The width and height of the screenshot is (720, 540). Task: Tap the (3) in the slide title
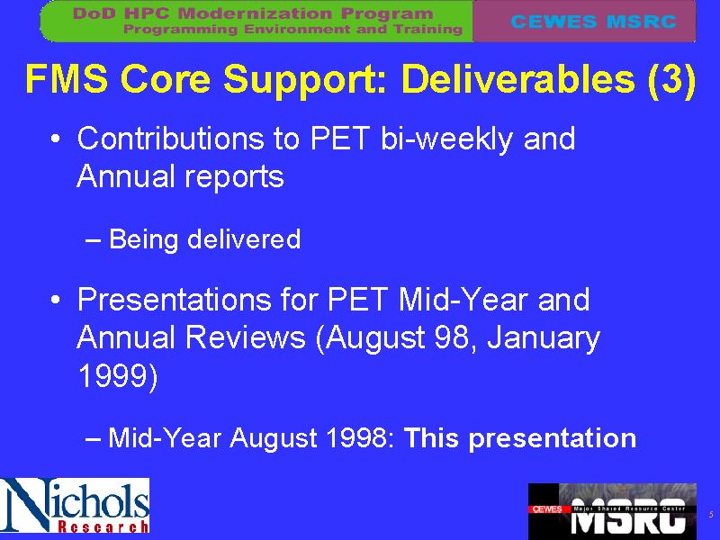(671, 79)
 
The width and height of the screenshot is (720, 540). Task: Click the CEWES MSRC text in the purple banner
(593, 21)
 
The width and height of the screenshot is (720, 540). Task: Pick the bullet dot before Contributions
(56, 139)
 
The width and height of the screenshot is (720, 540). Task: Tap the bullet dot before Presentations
(56, 300)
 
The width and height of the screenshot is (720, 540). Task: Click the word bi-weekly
(446, 139)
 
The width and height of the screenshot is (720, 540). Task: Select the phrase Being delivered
(205, 239)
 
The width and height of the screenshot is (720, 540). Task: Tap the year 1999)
(118, 376)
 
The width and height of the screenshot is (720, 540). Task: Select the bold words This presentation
(520, 438)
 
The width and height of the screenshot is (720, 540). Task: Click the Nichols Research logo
(75, 505)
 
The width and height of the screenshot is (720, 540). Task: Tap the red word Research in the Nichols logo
(103, 526)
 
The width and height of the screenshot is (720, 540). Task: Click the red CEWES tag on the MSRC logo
(547, 509)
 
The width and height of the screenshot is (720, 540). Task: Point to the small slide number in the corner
(711, 515)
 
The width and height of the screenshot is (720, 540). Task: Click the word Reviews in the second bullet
(245, 338)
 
